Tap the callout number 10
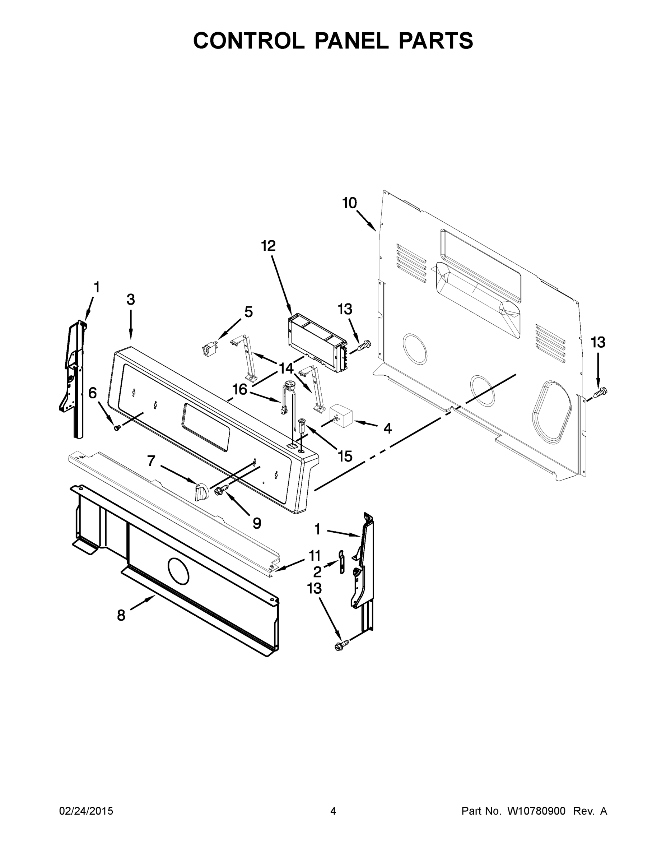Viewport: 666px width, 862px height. (x=349, y=203)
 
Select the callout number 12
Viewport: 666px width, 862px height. (x=268, y=246)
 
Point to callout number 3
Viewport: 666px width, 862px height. (x=131, y=300)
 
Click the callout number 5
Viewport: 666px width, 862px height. (x=248, y=312)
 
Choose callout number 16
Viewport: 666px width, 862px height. (x=239, y=390)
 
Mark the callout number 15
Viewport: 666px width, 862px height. (x=345, y=456)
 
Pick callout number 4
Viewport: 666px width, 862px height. (x=387, y=428)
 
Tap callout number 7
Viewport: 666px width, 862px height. (x=151, y=460)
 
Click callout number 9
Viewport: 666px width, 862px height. (x=256, y=523)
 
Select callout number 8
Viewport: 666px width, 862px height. (x=121, y=615)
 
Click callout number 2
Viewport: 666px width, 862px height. (x=317, y=572)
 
